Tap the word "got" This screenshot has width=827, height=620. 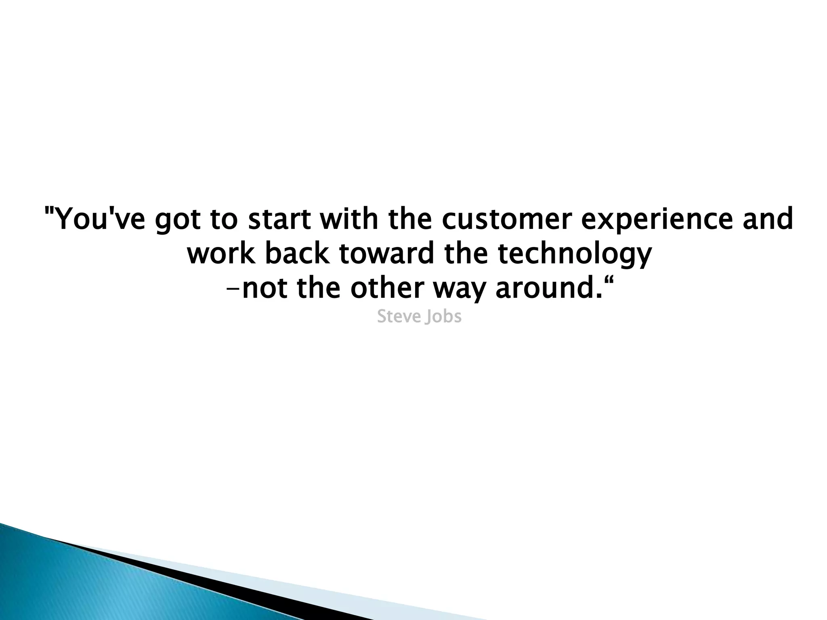coord(178,221)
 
